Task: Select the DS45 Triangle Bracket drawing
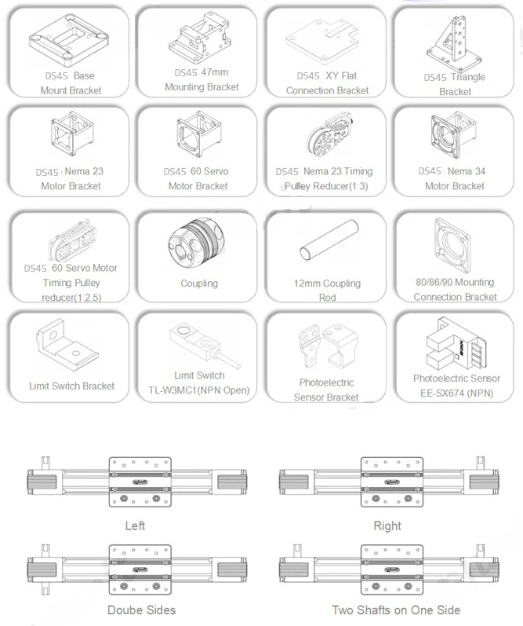(455, 44)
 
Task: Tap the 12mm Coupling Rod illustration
(329, 240)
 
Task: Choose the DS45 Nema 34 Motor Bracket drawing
(453, 136)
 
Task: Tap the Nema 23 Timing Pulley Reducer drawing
(330, 136)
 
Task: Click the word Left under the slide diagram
(135, 525)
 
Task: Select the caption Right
(387, 525)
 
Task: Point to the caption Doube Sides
(141, 610)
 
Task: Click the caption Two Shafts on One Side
(396, 610)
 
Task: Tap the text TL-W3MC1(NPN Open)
(199, 390)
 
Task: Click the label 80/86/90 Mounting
(455, 282)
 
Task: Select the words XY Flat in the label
(341, 75)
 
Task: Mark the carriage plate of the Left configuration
(140, 482)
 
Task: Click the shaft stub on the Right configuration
(481, 463)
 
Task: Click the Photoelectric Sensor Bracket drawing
(328, 346)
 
